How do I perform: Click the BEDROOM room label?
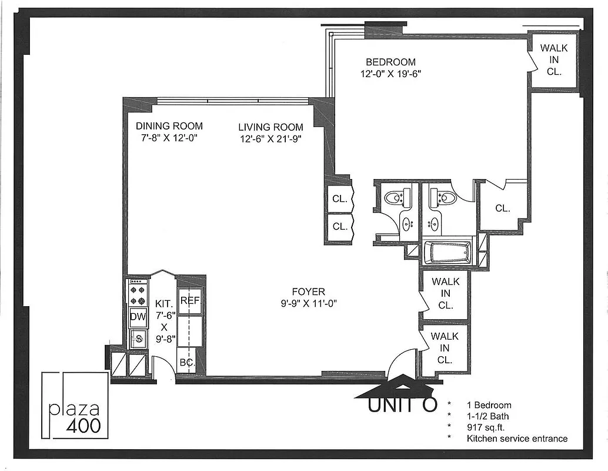[390, 62]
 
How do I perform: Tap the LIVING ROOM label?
[270, 127]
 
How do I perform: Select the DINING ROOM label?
[169, 125]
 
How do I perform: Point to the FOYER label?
[309, 291]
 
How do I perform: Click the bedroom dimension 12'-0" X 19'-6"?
[391, 74]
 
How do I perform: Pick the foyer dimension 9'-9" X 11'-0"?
[309, 303]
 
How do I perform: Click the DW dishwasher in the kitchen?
[138, 317]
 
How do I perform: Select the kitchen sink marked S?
[139, 337]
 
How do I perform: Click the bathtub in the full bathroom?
[448, 252]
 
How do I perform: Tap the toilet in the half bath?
[393, 197]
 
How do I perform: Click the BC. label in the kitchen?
[187, 362]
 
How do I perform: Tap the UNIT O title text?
[403, 404]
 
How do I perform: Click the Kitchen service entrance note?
[517, 438]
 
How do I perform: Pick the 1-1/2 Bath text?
[489, 416]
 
